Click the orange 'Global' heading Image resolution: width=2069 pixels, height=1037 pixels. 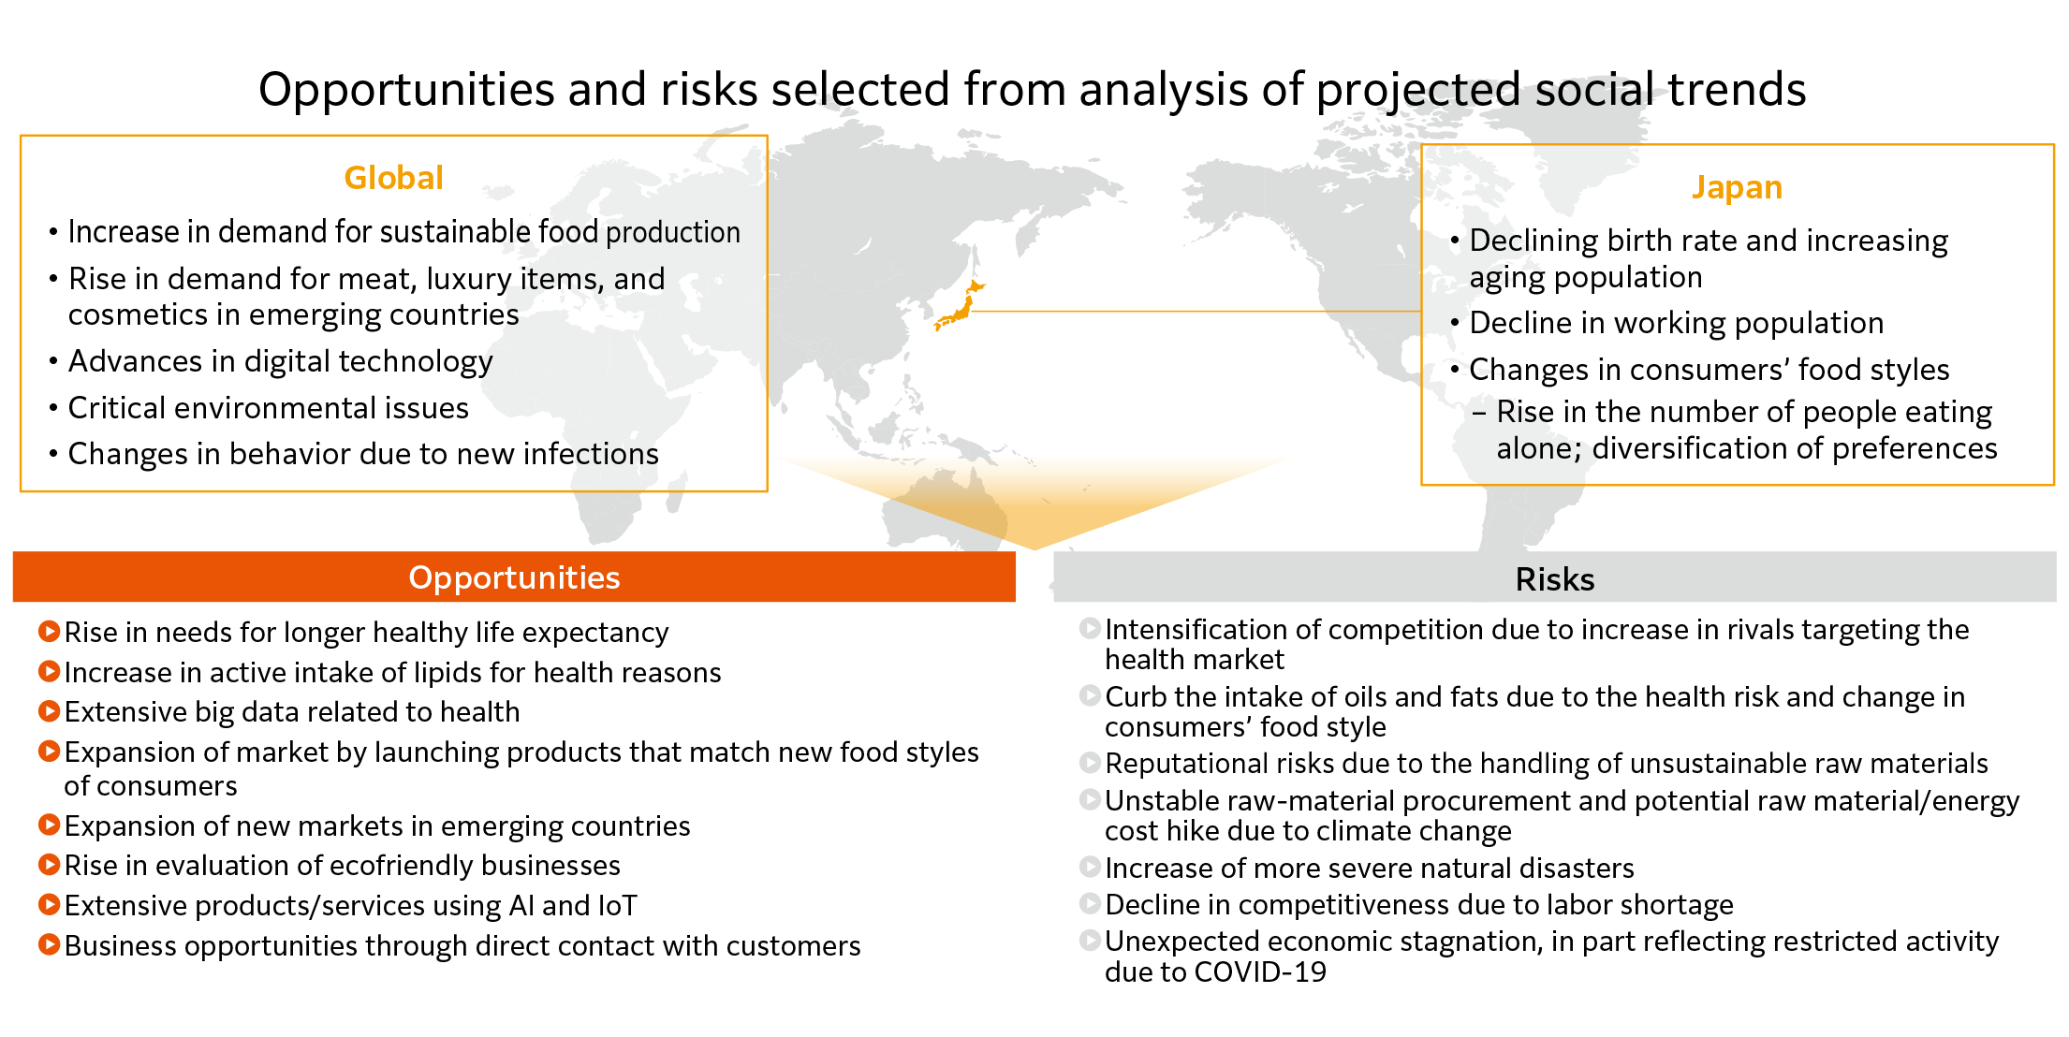point(393,178)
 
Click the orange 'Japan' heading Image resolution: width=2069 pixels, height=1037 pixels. point(1737,188)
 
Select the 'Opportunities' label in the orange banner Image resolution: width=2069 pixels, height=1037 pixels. point(514,578)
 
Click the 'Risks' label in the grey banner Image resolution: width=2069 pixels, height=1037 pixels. point(1555,579)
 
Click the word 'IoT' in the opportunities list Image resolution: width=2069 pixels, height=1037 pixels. point(617,906)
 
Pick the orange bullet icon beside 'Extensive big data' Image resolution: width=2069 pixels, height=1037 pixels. point(49,711)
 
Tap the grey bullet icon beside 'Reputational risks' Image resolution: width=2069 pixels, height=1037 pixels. point(1090,763)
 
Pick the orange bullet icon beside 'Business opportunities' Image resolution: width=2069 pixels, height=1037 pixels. point(49,945)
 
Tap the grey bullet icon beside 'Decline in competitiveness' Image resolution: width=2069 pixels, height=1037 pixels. point(1090,904)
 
